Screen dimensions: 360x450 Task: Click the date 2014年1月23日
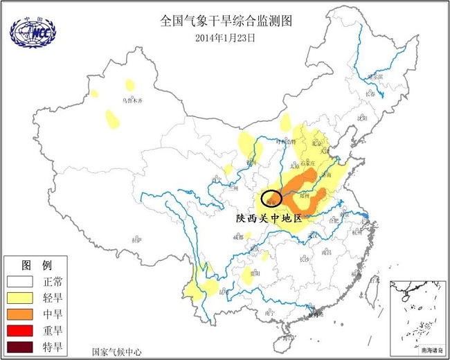[x=226, y=38]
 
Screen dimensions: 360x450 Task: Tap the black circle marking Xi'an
[x=271, y=199]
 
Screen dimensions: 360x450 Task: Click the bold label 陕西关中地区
[x=269, y=218]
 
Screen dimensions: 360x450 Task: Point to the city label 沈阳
[x=361, y=118]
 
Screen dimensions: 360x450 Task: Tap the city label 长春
[x=372, y=94]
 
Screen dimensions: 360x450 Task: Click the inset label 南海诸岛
[x=433, y=351]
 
